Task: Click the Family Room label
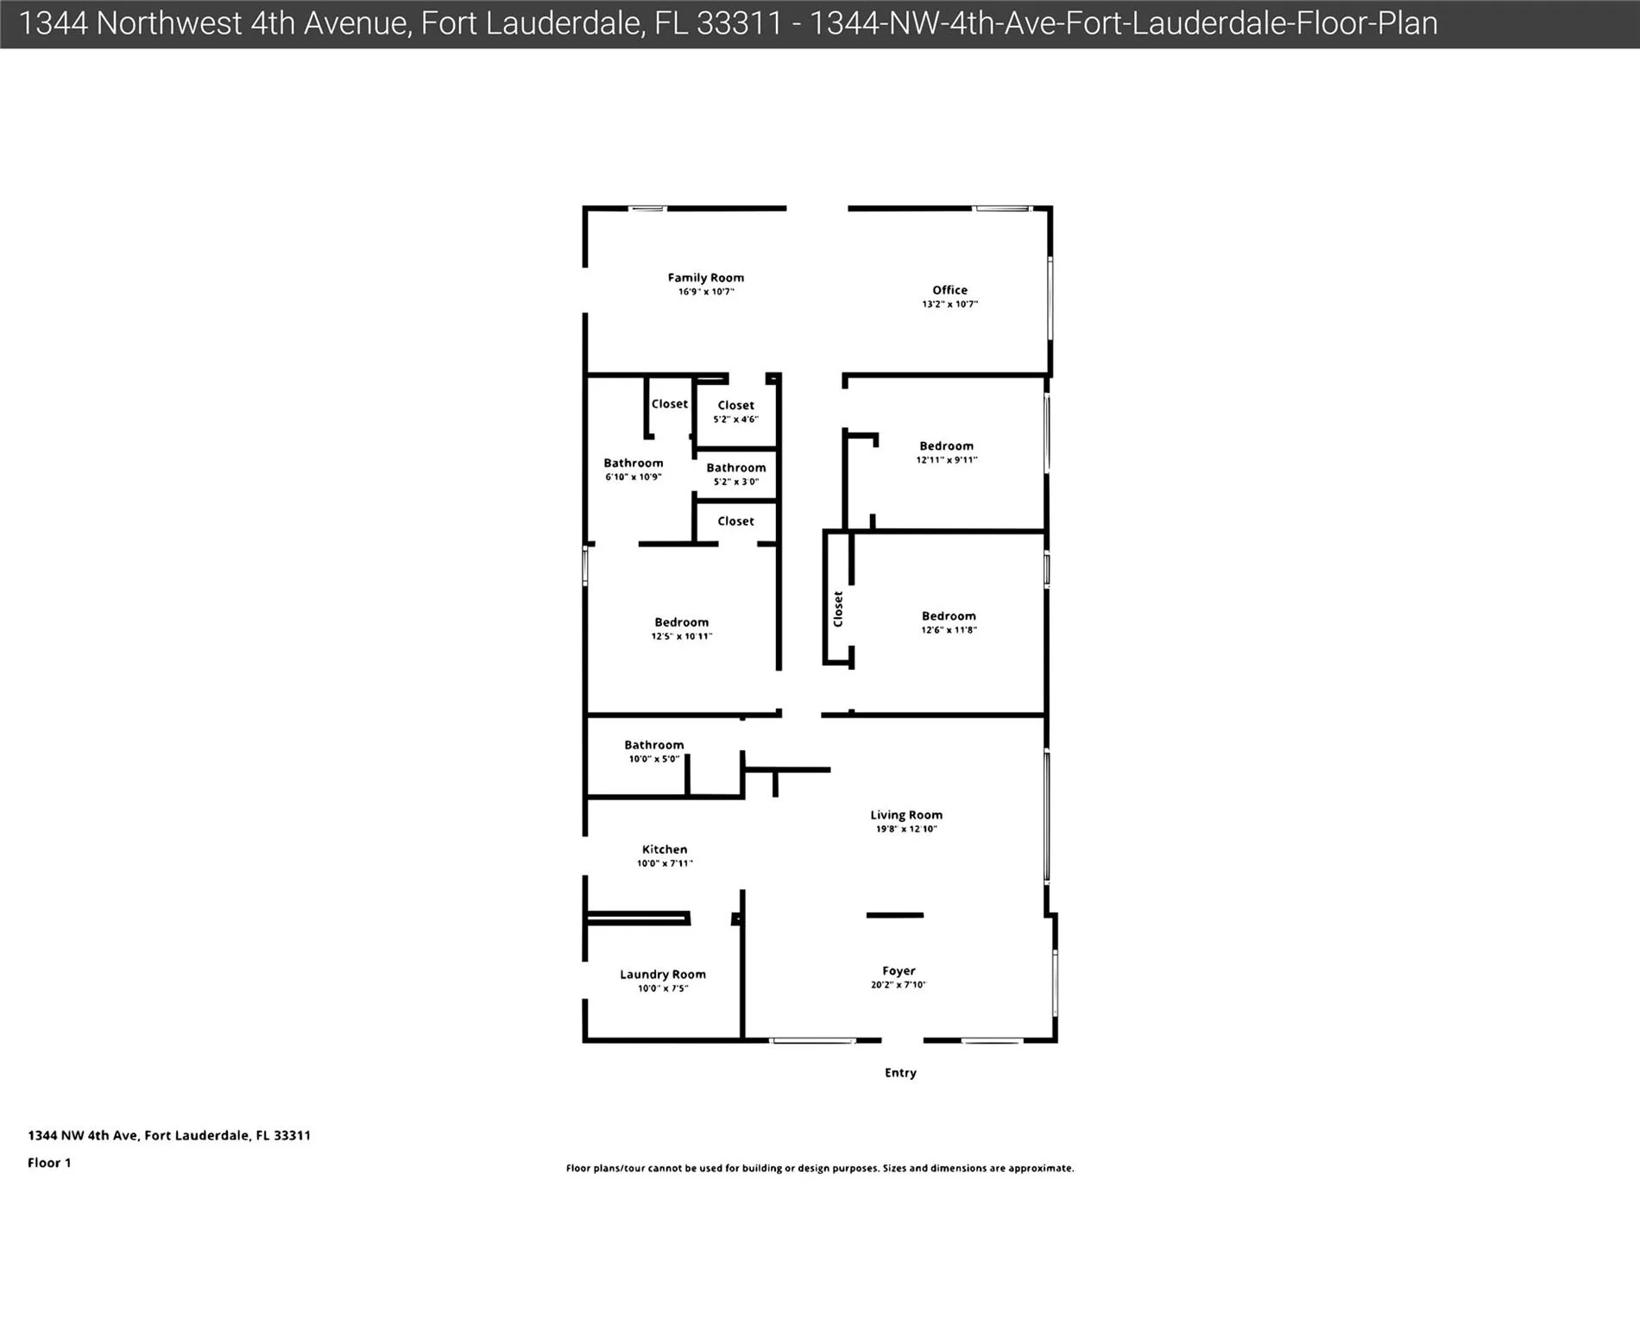tap(705, 278)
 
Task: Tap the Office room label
tap(949, 290)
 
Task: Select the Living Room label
tap(906, 815)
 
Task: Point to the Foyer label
tap(899, 971)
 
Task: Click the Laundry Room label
tap(663, 975)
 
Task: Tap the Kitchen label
tap(665, 849)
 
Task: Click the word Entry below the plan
tap(900, 1073)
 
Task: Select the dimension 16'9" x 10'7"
tap(706, 292)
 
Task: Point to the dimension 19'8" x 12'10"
tap(906, 829)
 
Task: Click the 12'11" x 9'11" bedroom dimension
tap(947, 460)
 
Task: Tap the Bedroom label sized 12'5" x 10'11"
tap(682, 622)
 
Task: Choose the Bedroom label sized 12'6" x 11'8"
tap(949, 616)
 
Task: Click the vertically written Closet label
tap(837, 609)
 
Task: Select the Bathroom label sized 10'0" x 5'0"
tap(654, 745)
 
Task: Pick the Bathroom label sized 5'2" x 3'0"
tap(736, 468)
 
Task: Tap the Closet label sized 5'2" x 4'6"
tap(736, 406)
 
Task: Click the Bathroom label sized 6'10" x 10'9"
tap(634, 464)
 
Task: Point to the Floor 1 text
tap(49, 1163)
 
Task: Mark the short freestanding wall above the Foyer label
tap(895, 915)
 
